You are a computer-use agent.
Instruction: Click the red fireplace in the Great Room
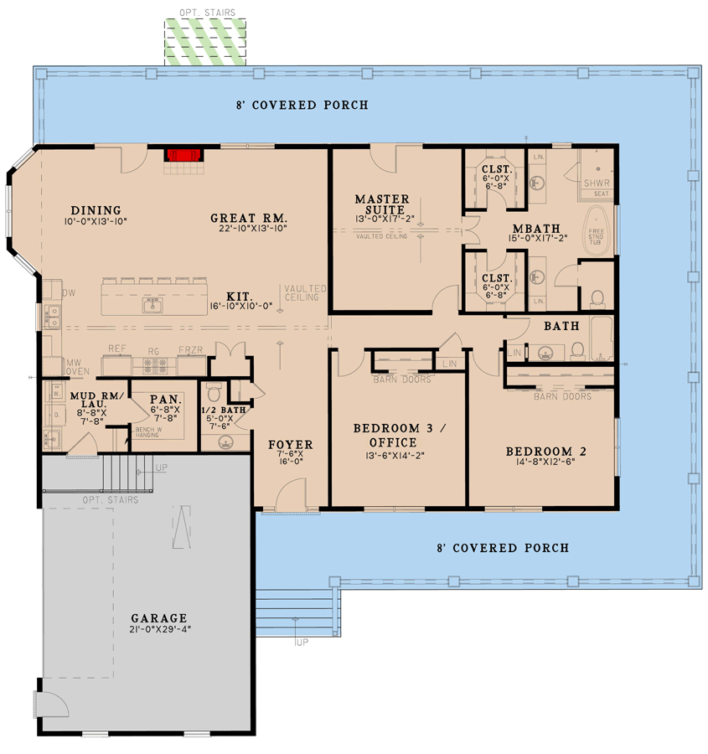tap(183, 155)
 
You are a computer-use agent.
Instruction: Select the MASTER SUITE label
tap(381, 204)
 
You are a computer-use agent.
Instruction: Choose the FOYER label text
tap(290, 444)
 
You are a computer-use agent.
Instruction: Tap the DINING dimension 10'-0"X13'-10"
tap(94, 222)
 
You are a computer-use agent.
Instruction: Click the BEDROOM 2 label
tap(545, 452)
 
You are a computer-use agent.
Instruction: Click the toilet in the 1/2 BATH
tap(214, 392)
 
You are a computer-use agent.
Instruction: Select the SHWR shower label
tap(596, 182)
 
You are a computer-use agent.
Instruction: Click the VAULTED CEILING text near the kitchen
tap(304, 292)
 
